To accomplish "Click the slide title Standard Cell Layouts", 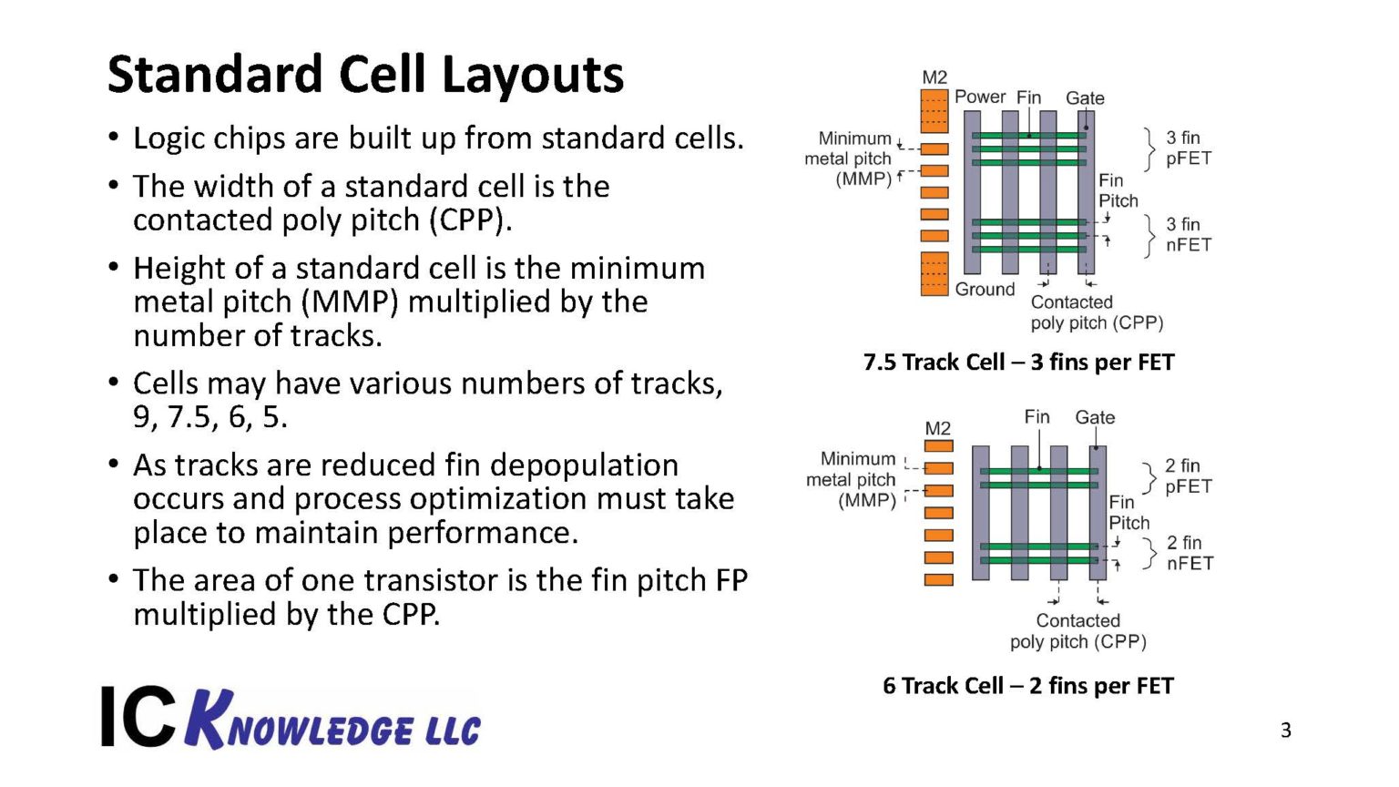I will (365, 75).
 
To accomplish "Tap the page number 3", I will (1285, 731).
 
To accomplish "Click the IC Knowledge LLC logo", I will (291, 719).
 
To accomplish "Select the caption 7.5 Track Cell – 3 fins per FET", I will (1018, 363).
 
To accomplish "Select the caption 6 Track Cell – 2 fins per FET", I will (1027, 686).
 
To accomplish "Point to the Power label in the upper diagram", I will (980, 97).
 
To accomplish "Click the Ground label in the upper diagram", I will (985, 290).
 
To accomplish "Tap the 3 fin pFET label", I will (1188, 148).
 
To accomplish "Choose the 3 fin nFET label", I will (1188, 234).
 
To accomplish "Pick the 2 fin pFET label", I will (1188, 475).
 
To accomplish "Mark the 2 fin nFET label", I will (1189, 553).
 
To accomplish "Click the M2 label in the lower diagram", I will (937, 428).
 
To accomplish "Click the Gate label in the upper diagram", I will (1085, 97).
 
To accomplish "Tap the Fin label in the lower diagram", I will (1036, 416).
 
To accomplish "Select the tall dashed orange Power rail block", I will (934, 111).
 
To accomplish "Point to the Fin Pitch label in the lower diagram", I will (1128, 512).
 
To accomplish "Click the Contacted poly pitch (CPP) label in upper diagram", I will (1096, 312).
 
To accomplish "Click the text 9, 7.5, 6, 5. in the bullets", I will (209, 417).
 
